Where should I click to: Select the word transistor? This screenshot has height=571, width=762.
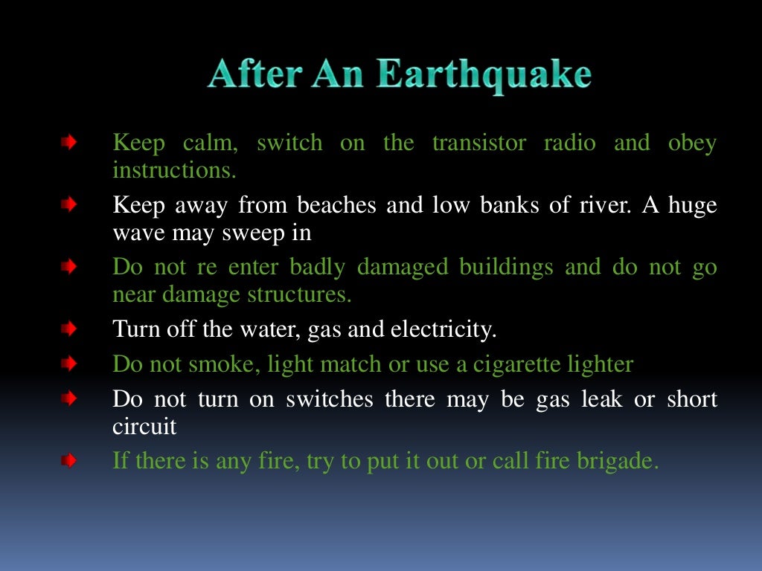[478, 143]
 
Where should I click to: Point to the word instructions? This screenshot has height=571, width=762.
[174, 170]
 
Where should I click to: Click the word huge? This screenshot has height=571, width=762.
[692, 205]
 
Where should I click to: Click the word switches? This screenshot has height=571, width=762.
[331, 399]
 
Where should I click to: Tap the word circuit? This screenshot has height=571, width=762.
[144, 427]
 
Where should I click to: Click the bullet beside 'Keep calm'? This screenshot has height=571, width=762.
[68, 141]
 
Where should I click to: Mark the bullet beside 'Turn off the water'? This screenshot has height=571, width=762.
[68, 327]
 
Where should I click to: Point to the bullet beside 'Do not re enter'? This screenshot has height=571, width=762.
[68, 265]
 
